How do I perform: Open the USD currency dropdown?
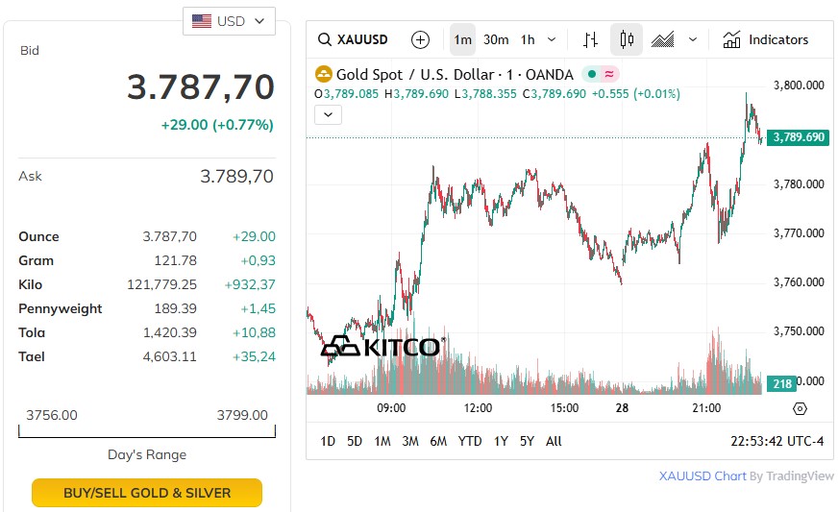[229, 21]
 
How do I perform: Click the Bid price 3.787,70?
[201, 87]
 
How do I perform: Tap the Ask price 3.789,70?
[236, 177]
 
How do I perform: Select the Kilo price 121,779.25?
[161, 284]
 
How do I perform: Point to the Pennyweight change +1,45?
[254, 308]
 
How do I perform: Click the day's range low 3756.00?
[52, 415]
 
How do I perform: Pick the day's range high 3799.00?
[242, 415]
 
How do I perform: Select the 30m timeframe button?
[496, 39]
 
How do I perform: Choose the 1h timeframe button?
[528, 39]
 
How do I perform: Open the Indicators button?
[766, 39]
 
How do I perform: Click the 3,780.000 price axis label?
[800, 183]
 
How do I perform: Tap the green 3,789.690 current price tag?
[799, 137]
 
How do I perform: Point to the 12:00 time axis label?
[478, 408]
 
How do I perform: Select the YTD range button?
[470, 441]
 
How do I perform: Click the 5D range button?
[355, 441]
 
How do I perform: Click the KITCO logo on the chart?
[381, 346]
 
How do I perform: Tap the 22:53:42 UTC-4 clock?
[777, 441]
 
